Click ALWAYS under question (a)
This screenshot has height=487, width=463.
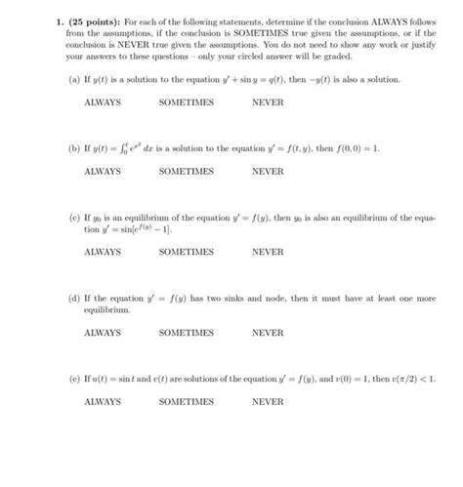coord(103,101)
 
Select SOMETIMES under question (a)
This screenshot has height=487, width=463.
coord(186,101)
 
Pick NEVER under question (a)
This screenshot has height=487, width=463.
coord(267,101)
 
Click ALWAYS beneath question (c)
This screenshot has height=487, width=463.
coord(103,251)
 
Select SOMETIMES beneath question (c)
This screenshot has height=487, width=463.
coord(186,251)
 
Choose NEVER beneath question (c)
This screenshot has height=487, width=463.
coord(267,251)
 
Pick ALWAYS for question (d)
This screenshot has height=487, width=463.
coord(103,333)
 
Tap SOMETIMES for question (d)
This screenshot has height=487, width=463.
coord(186,333)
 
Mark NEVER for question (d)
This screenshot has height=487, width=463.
coord(267,333)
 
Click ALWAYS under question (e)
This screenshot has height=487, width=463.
coord(103,401)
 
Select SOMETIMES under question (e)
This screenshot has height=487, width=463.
coord(186,401)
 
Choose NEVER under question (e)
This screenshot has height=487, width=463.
coord(267,401)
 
